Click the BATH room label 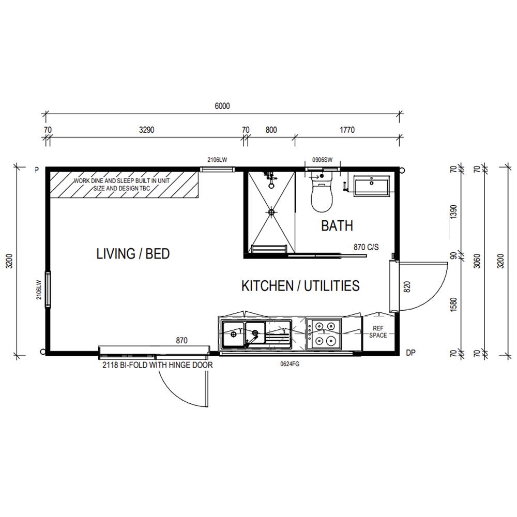(337, 226)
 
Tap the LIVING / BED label (133, 253)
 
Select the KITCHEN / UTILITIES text (300, 285)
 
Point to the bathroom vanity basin (372, 186)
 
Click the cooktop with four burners (324, 333)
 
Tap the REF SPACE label (378, 332)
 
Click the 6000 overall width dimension (222, 106)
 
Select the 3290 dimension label (146, 130)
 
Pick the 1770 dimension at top (347, 130)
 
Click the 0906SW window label (323, 160)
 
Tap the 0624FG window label (290, 364)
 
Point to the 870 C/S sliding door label (366, 247)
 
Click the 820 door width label (407, 287)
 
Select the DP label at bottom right (410, 353)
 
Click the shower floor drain (271, 212)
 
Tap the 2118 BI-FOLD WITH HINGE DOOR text (158, 365)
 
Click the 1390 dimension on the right (454, 211)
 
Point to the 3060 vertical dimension (477, 261)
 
